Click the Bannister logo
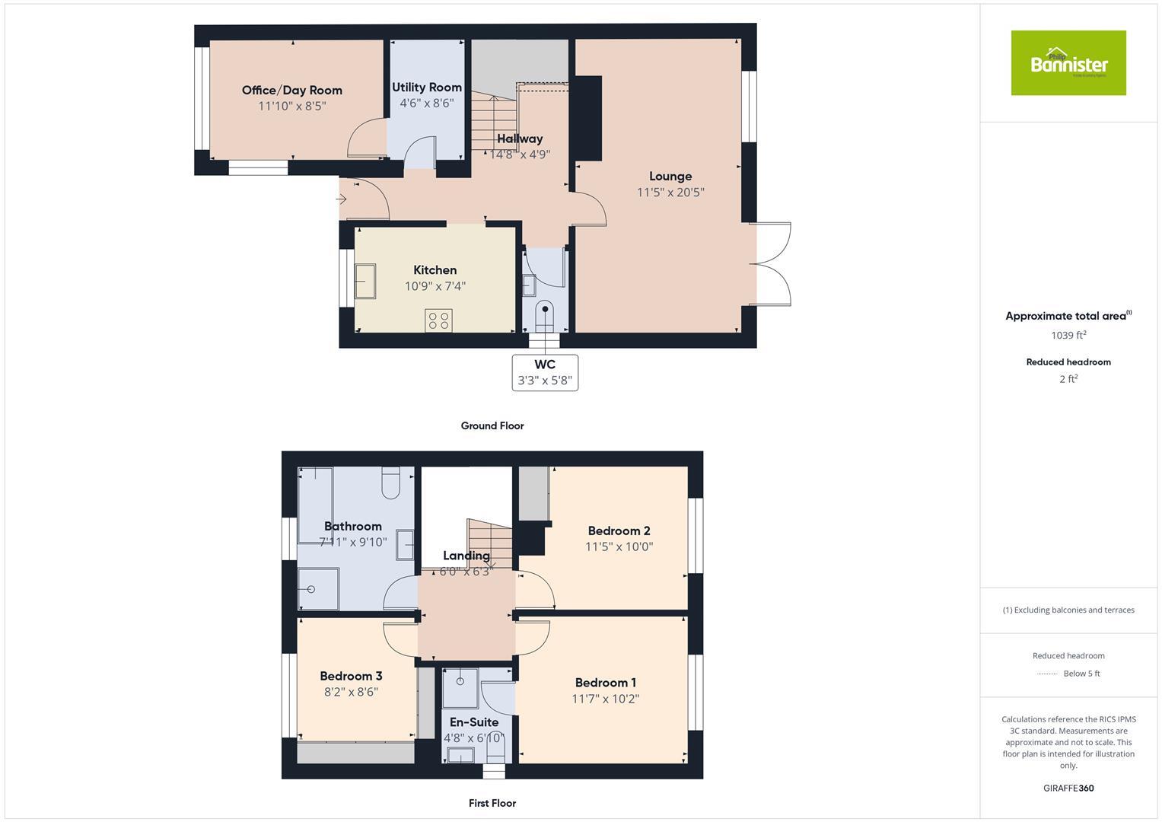(x=1068, y=63)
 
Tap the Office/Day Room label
(x=291, y=90)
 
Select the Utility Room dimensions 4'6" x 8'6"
(x=426, y=103)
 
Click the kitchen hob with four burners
(x=438, y=320)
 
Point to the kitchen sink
(x=365, y=282)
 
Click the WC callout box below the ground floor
(x=545, y=372)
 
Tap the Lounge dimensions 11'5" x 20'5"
(x=670, y=193)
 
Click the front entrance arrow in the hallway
(x=341, y=199)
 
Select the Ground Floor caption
(x=492, y=425)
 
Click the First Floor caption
(x=492, y=803)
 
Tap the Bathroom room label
(x=352, y=526)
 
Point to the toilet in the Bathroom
(x=391, y=483)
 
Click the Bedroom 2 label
(x=619, y=530)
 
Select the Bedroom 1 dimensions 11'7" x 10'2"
(x=605, y=699)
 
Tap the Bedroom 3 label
(x=351, y=676)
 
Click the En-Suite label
(x=473, y=722)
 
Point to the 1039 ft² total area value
(x=1068, y=335)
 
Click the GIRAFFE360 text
(x=1068, y=788)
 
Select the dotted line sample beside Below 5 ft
(x=1047, y=674)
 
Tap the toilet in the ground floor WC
(x=545, y=314)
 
